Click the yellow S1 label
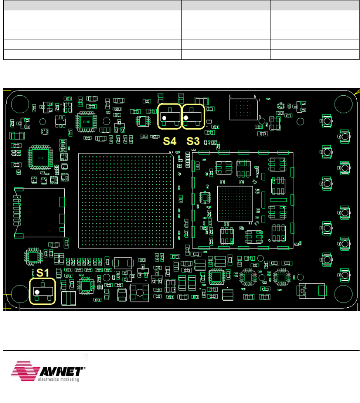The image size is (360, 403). pos(42,272)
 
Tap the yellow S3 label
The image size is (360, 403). pos(193,141)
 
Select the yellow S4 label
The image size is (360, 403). pos(169,141)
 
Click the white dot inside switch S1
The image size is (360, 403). pos(37,292)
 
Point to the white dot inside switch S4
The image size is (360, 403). pos(164,118)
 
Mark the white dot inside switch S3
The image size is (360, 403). pos(186,118)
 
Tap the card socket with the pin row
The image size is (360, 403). pos(39,213)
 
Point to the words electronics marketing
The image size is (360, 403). pos(61,379)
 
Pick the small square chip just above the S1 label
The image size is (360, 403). pos(33,256)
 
